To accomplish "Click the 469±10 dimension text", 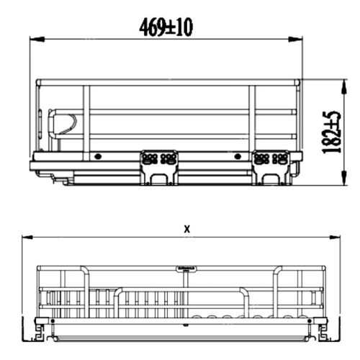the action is (x=166, y=27).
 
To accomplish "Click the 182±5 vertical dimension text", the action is (x=331, y=132).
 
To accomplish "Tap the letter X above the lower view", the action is (x=187, y=229).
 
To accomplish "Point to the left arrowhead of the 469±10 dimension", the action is (x=37, y=39).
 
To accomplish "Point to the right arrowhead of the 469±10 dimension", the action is (x=295, y=39).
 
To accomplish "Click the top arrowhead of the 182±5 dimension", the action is (x=345, y=87).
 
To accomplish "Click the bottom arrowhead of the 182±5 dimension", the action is (x=345, y=177).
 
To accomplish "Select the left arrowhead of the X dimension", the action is (x=27, y=238).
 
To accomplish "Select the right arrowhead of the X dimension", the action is (x=335, y=238).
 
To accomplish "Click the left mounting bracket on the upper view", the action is (x=159, y=168).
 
